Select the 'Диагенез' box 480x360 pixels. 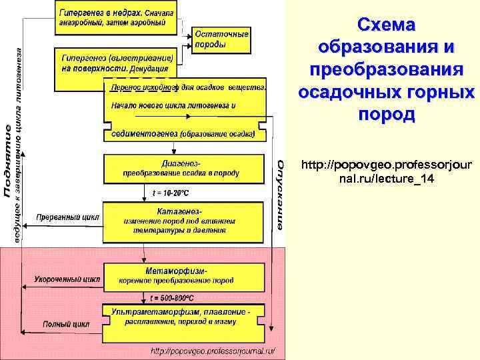(181, 169)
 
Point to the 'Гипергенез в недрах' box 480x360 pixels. (117, 17)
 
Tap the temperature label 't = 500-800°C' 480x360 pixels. (173, 298)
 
